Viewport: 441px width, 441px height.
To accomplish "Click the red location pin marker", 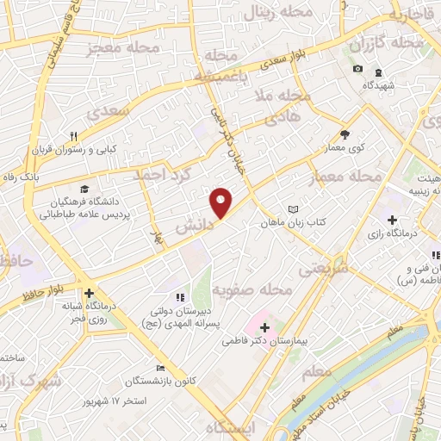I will coord(221,202).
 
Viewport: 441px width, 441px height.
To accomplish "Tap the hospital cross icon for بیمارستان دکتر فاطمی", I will coord(264,327).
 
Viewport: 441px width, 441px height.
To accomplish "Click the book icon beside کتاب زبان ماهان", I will coord(294,209).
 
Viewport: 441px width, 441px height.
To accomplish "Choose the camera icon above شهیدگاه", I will coord(357,69).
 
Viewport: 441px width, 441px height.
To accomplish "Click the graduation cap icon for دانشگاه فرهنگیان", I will coord(84,189).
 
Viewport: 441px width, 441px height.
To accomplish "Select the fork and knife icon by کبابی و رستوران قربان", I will coord(73,136).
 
